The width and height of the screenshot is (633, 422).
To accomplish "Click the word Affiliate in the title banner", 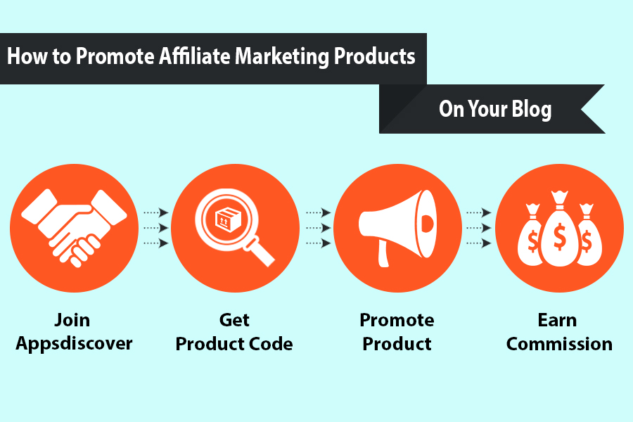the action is coord(196,56).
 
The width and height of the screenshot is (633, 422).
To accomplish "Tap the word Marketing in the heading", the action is coord(282,57).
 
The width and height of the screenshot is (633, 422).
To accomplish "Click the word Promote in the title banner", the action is coord(115,56).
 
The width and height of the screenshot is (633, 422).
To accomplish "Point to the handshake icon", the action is coord(75,228).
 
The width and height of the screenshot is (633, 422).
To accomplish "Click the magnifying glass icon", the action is coord(234,227).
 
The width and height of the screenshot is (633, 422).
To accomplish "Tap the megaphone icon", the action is coord(397,228).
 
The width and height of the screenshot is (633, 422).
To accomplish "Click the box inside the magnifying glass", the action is coord(228,219).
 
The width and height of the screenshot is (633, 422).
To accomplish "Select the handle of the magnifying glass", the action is coord(259,252).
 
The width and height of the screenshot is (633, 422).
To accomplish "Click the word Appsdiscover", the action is coord(74,344).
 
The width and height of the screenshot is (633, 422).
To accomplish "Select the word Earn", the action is coord(557,320).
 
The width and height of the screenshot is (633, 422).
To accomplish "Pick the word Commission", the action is coord(559,344).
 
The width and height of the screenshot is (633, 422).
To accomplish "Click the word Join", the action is coord(72,320).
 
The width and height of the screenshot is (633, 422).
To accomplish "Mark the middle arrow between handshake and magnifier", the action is coord(156,228).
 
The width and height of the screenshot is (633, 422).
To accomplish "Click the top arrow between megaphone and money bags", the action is coord(479,212).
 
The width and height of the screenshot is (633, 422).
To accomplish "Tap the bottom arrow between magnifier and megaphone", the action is coord(318,243).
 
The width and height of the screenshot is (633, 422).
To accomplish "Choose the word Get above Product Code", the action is coord(234,320).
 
